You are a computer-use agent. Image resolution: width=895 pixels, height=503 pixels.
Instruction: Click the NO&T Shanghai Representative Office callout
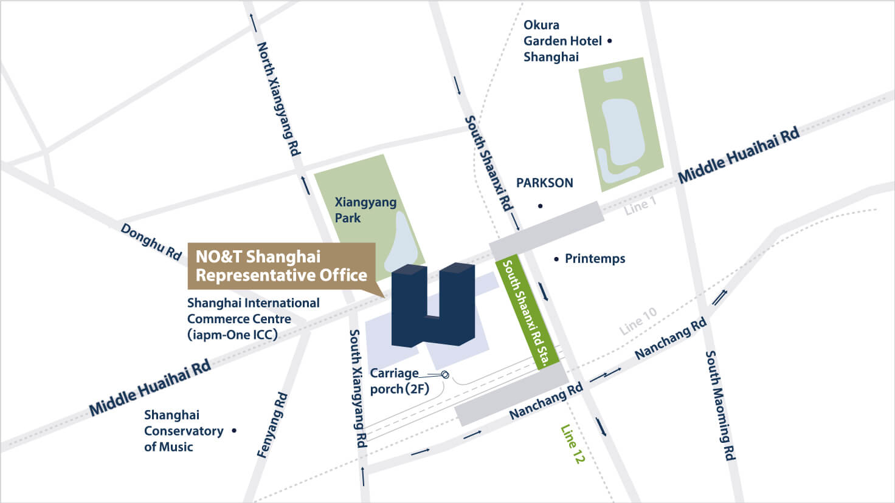pos(281,266)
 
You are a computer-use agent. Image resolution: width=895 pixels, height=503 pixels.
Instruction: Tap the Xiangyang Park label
pos(365,210)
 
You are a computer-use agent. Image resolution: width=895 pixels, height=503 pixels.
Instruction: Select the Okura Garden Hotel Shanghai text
pos(562,41)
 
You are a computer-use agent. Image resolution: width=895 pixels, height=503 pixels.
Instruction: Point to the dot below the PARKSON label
pos(540,207)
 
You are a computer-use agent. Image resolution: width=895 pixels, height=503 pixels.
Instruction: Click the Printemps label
pos(595,259)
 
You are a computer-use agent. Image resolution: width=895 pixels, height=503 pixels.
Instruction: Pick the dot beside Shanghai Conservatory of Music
pos(234,431)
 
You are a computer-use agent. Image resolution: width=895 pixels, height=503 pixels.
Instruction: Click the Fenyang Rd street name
pos(272,425)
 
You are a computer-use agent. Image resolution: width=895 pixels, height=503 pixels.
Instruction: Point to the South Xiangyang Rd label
pos(358,388)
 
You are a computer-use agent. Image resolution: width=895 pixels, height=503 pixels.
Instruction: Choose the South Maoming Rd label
pos(720,405)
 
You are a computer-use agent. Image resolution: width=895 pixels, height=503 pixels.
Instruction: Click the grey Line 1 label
pos(640,206)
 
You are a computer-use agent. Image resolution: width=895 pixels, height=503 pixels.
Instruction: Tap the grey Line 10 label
pos(638,321)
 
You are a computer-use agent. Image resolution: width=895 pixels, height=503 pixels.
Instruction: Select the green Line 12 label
pos(572,444)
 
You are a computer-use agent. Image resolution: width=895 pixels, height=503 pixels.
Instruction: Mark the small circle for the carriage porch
pos(445,375)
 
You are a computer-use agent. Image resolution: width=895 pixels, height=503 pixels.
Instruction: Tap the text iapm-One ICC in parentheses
pos(232,335)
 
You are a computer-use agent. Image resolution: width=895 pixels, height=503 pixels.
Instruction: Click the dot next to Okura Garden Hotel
pos(610,41)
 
